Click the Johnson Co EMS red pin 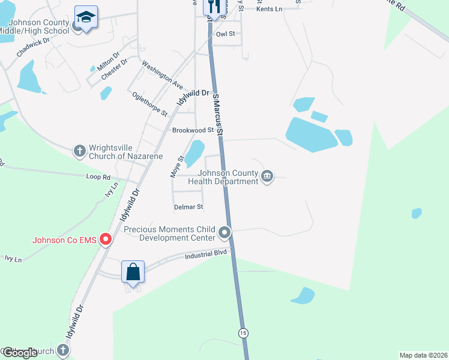[x=106, y=240]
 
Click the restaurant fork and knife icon [x=214, y=6]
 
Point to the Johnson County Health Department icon [x=268, y=176]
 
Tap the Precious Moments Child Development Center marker [x=225, y=232]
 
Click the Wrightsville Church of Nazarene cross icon [x=80, y=151]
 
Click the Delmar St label [x=188, y=207]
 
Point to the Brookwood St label [x=193, y=130]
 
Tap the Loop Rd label [x=98, y=178]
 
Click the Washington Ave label [x=162, y=75]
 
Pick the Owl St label [x=225, y=34]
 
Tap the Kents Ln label [x=268, y=9]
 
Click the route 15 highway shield [x=243, y=332]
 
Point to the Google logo [x=19, y=353]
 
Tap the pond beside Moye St [x=194, y=153]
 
